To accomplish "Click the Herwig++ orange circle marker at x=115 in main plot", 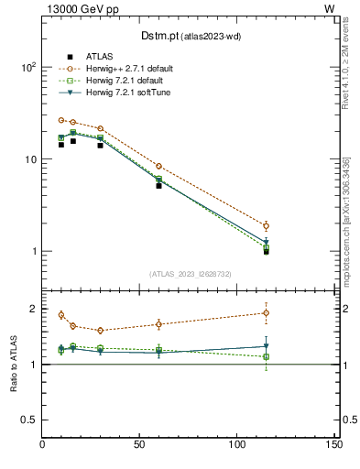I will coord(267,225).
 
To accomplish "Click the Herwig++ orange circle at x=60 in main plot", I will coord(159,166).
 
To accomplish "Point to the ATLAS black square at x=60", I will coord(159,186).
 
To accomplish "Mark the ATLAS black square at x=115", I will coord(267,251).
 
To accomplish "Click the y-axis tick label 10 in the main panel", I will coord(29,159).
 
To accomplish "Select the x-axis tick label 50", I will coord(140,446).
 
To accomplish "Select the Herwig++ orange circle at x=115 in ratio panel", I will coord(267,312).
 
